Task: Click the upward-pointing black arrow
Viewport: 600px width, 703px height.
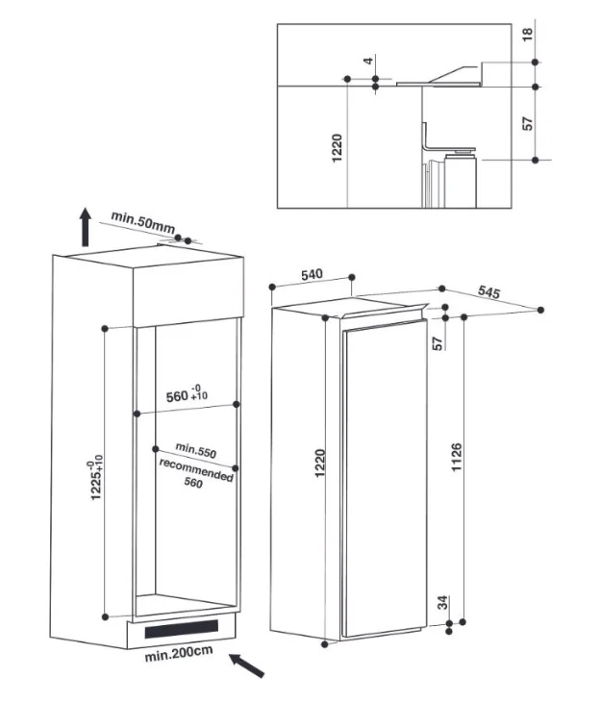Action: click(86, 227)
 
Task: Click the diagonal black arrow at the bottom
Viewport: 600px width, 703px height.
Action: click(247, 665)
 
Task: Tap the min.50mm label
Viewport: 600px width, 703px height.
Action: click(142, 222)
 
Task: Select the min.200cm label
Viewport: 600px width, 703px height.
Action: click(179, 653)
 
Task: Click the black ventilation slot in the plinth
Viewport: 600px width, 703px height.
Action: click(182, 629)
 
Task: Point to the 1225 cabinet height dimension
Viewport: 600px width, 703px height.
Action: click(96, 478)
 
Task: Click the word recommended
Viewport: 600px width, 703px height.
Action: click(196, 469)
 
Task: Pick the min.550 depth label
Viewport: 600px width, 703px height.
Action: click(195, 450)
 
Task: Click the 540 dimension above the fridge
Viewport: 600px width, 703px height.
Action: click(312, 274)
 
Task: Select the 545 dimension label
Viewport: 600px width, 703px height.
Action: click(488, 291)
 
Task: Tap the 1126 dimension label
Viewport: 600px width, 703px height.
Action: click(456, 457)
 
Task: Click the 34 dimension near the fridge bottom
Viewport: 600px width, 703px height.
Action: click(442, 602)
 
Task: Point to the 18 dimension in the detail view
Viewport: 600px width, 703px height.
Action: click(527, 34)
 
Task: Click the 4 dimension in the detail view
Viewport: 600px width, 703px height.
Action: click(368, 61)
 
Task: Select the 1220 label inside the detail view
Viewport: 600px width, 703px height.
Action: click(337, 148)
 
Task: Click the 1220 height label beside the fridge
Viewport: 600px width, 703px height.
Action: click(319, 464)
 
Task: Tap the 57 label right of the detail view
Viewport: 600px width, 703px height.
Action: click(528, 123)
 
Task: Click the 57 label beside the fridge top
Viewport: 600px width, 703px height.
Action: click(437, 343)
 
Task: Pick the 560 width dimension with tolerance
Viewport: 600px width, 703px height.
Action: click(187, 394)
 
